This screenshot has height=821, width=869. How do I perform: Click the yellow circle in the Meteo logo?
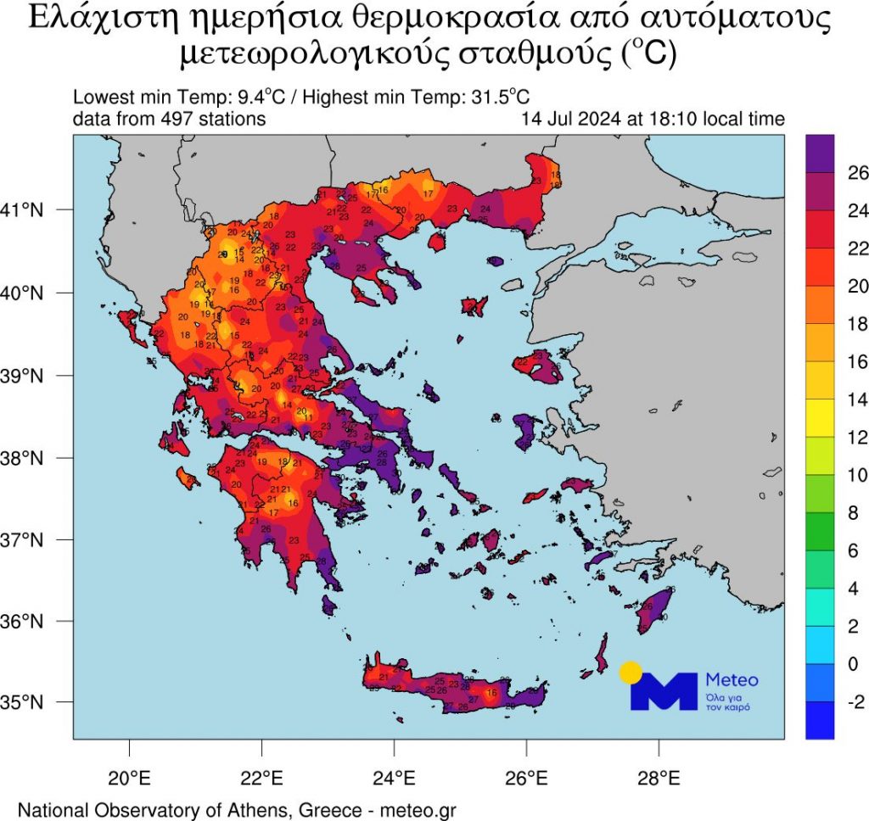(630, 673)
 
